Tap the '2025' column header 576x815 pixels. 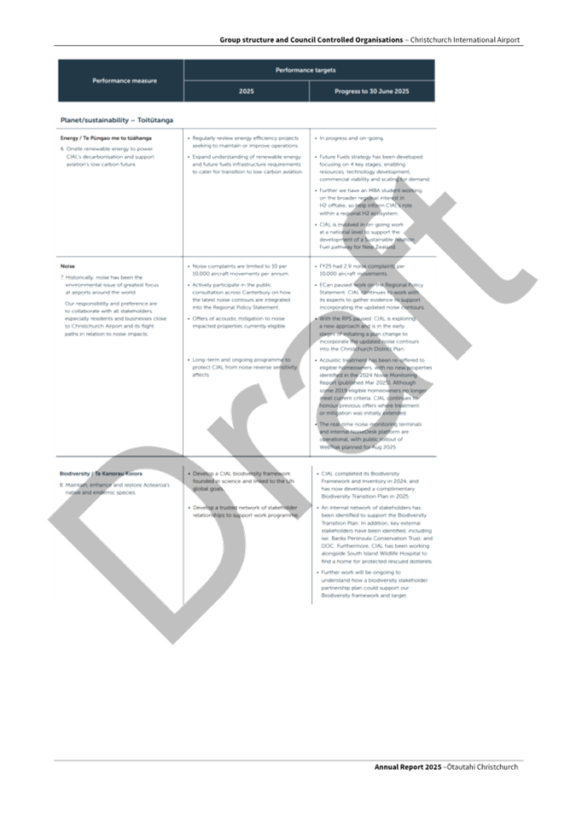(246, 91)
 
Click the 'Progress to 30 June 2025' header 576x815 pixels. (371, 91)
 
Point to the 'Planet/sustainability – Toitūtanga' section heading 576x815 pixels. (115, 120)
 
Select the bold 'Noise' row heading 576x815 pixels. (67, 265)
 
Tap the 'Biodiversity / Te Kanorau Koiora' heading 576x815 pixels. (101, 473)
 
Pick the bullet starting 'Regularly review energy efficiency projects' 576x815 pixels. (245, 141)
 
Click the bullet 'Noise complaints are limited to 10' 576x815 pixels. (241, 270)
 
